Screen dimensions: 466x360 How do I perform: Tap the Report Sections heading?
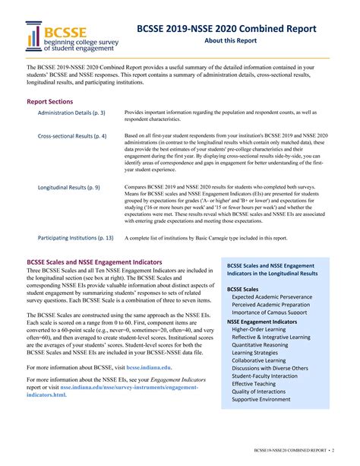(x=50, y=100)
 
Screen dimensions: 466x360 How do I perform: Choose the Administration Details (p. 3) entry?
(x=71, y=113)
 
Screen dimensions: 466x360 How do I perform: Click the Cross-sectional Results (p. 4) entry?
(x=72, y=136)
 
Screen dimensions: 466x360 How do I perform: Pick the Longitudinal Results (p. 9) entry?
(x=68, y=186)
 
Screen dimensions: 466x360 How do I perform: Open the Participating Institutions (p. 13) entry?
(x=75, y=237)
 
